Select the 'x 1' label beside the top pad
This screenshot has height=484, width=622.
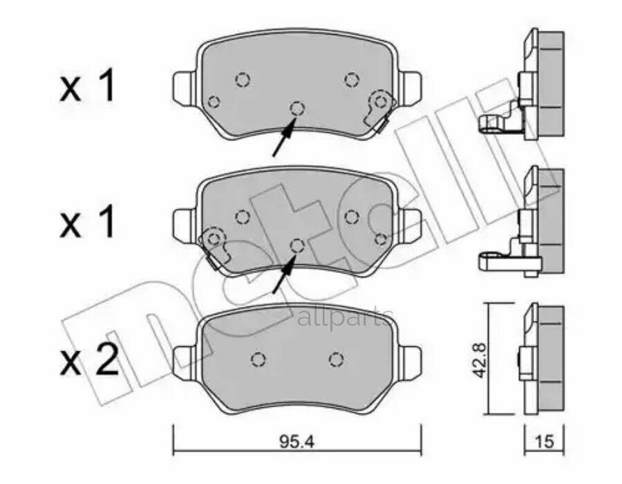point(88,88)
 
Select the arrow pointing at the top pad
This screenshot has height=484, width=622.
point(283,137)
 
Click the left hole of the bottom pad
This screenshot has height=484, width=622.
point(258,359)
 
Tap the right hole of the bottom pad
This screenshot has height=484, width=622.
point(337,359)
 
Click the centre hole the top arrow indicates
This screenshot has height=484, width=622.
point(297,108)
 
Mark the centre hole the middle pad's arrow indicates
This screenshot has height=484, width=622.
point(297,245)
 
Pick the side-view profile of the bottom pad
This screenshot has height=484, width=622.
point(539,360)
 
